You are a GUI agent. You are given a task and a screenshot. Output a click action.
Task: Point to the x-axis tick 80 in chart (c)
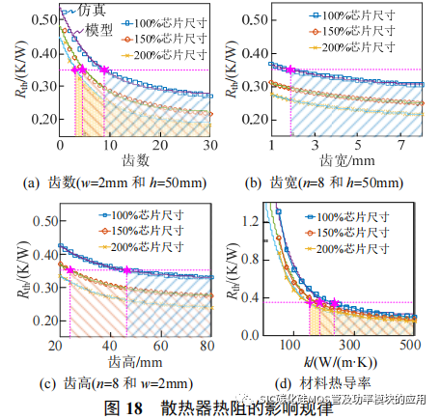coord(206,347)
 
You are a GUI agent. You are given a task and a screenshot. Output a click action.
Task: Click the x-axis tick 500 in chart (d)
coord(409,344)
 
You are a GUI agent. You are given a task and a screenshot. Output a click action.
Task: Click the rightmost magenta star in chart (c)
coord(126,270)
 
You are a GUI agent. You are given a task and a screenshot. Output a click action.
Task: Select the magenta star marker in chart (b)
coord(290,70)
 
